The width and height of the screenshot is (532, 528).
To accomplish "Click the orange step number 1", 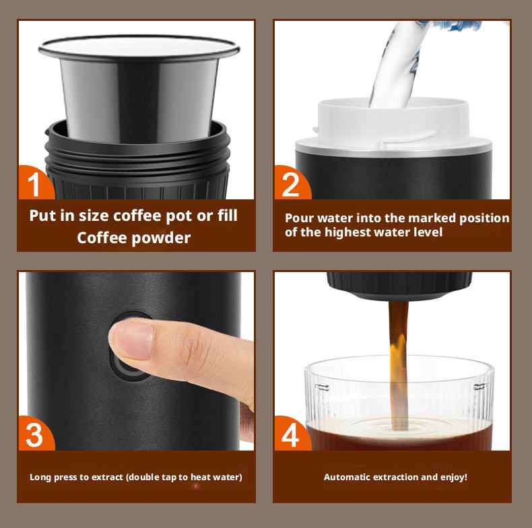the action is [34, 185].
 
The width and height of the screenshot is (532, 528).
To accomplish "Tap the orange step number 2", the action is [290, 185].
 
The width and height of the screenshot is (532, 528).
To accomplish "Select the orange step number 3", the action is [34, 434].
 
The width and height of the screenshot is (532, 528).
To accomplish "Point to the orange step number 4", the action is [290, 434].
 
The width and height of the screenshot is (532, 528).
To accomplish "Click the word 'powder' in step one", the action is [161, 238].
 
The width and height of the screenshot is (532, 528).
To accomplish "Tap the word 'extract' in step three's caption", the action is [108, 477].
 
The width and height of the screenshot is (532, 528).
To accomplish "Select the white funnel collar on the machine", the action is [393, 122].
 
